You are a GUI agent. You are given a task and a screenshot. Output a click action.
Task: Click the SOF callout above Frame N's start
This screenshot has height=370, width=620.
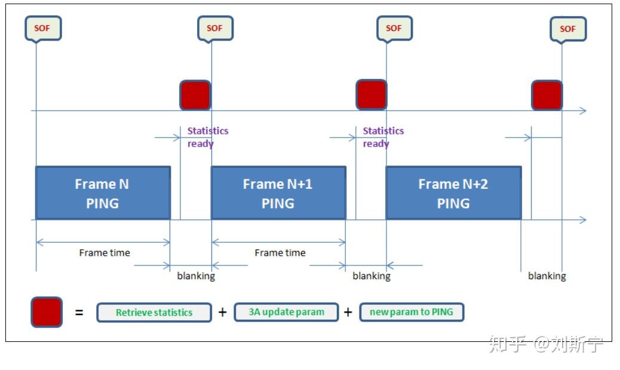43,28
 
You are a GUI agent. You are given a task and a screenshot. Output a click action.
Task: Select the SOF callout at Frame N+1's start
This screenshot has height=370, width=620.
215,28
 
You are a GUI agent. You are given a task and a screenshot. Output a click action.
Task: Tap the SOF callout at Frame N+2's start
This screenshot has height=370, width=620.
394,28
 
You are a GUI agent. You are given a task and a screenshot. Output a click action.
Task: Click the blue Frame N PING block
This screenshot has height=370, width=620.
103,193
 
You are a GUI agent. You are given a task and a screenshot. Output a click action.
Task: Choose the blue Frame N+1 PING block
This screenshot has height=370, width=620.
278,193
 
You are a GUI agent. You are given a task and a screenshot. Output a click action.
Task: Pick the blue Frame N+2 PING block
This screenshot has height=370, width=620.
453,193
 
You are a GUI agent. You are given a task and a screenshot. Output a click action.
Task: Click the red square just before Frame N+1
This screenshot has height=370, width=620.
195,95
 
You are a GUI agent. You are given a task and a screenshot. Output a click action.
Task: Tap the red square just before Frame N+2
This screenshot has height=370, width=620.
372,95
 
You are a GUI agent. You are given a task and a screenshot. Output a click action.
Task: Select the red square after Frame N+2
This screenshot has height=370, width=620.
547,95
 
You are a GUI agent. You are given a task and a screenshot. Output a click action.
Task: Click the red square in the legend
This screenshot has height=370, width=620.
47,312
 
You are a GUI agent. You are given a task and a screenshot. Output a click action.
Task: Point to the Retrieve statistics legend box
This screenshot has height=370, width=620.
154,313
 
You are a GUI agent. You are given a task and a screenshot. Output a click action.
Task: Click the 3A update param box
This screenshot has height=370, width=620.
286,312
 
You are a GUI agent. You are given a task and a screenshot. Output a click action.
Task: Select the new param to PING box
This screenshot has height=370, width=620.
412,312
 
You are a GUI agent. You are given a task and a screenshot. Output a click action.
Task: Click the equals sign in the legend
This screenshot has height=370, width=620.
79,312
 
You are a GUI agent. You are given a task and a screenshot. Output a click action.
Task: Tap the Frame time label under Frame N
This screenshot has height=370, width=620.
105,253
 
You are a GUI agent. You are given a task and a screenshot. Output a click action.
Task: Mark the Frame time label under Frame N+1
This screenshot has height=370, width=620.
280,253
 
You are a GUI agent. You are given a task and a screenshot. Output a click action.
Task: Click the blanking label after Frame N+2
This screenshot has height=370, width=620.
547,276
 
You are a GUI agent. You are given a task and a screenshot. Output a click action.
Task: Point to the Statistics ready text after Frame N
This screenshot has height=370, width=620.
207,137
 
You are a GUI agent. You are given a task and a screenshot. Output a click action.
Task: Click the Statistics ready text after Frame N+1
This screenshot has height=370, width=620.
383,137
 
